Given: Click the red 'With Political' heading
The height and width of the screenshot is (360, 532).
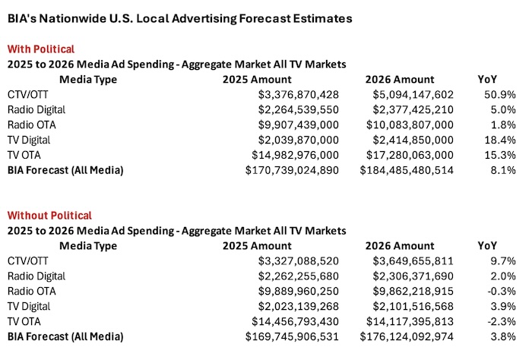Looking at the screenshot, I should [41, 49].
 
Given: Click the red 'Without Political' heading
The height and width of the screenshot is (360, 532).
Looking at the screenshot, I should [49, 216].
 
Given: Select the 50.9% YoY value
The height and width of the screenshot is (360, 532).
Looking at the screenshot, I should [500, 94].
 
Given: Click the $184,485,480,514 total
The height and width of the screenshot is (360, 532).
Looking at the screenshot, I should [407, 170].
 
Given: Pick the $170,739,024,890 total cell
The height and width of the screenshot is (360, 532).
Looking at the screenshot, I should [292, 170].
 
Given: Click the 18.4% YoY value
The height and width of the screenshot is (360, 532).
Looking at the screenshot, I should [500, 140].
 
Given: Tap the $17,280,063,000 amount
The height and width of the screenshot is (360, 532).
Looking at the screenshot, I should [407, 155].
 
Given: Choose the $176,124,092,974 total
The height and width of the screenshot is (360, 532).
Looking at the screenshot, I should [407, 336].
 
